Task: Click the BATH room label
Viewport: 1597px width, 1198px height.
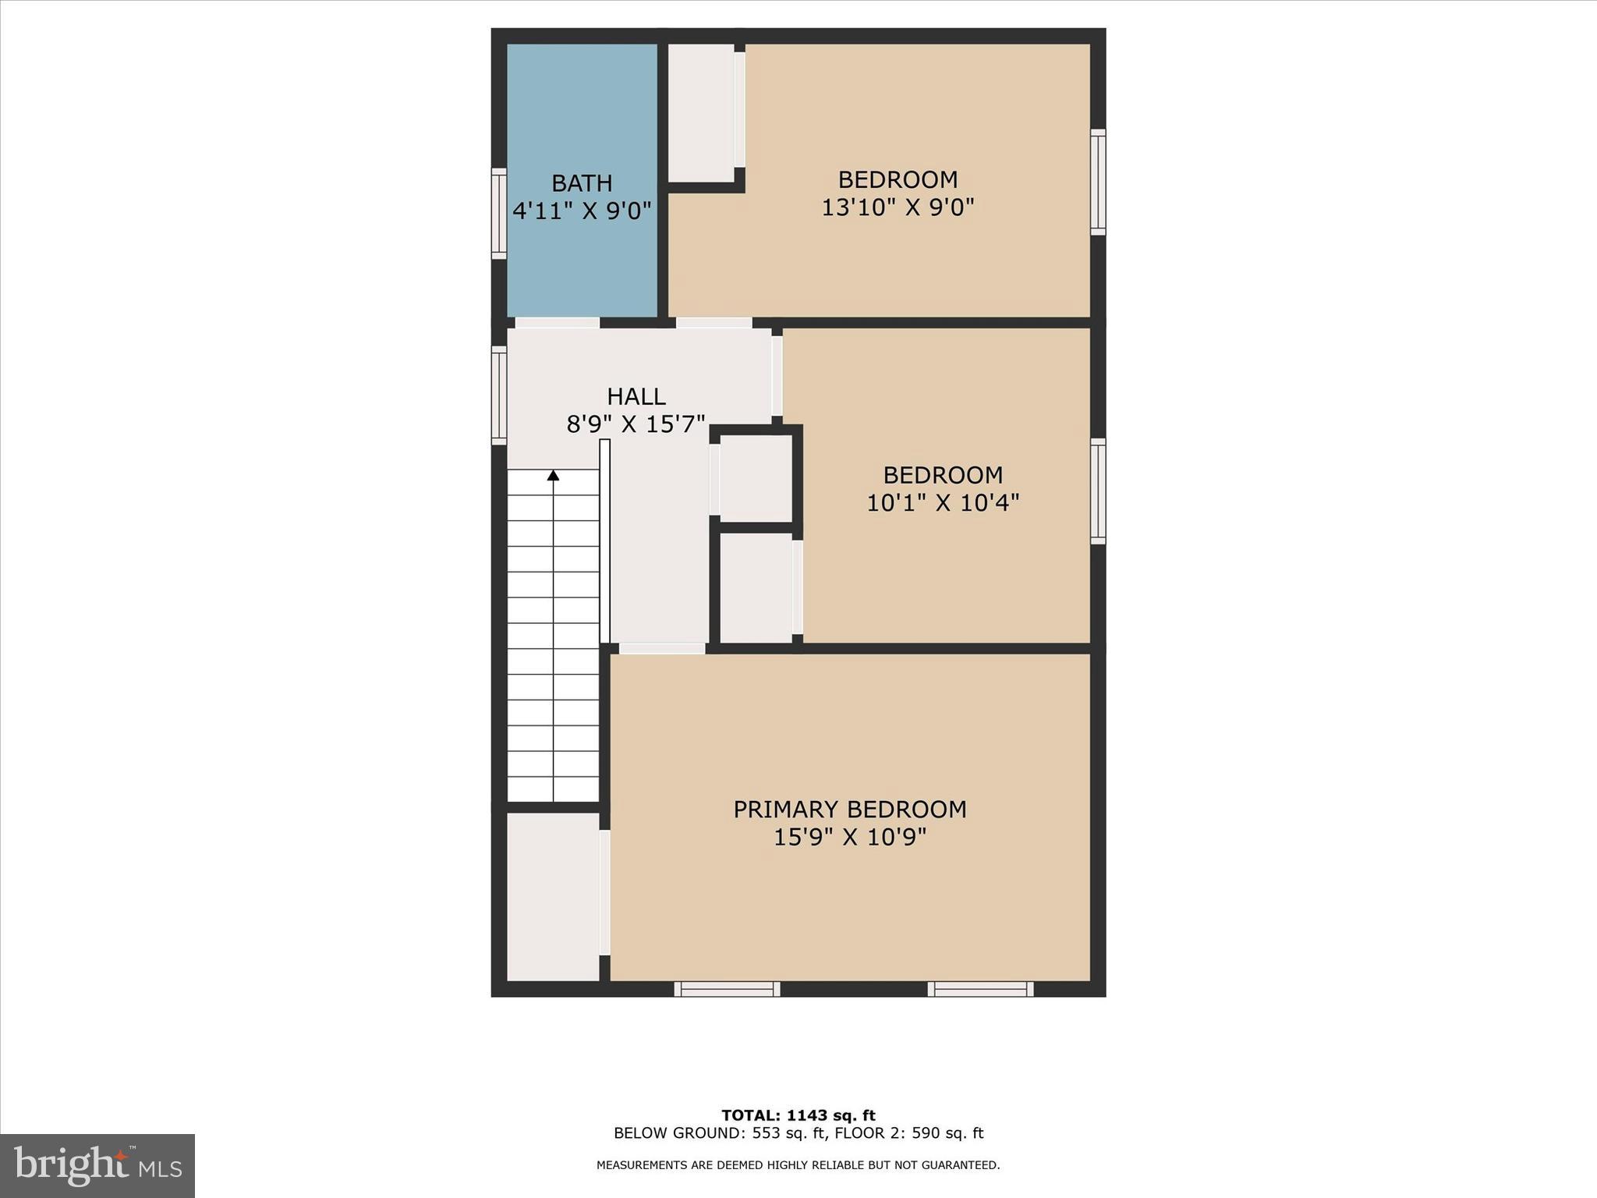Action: (x=582, y=183)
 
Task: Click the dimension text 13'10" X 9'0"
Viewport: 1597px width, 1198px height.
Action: (x=898, y=207)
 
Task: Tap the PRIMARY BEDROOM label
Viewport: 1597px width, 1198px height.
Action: (x=849, y=810)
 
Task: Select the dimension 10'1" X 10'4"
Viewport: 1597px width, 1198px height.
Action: (x=943, y=503)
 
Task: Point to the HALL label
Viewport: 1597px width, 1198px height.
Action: (x=636, y=397)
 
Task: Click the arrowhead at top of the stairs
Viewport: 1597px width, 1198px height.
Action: (x=553, y=475)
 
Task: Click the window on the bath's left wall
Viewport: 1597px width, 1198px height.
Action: (x=498, y=213)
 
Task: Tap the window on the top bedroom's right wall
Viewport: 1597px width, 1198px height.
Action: (x=1098, y=182)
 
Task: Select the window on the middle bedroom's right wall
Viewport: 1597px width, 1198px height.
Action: (x=1098, y=491)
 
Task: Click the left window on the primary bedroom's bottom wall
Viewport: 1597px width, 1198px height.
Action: (x=727, y=989)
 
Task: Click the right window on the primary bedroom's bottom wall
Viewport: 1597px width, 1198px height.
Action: (x=980, y=989)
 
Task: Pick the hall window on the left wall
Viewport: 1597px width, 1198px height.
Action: (x=498, y=395)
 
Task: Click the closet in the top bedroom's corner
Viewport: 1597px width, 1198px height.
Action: (x=701, y=113)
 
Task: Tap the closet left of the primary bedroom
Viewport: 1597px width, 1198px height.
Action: (x=553, y=896)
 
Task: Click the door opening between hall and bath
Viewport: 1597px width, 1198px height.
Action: (x=557, y=323)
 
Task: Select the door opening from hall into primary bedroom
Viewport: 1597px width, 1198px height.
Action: (x=662, y=648)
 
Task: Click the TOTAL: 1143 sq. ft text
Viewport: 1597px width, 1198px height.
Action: (x=798, y=1115)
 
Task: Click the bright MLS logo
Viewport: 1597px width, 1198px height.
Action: (x=97, y=1166)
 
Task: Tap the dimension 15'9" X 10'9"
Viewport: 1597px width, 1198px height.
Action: (x=849, y=838)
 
